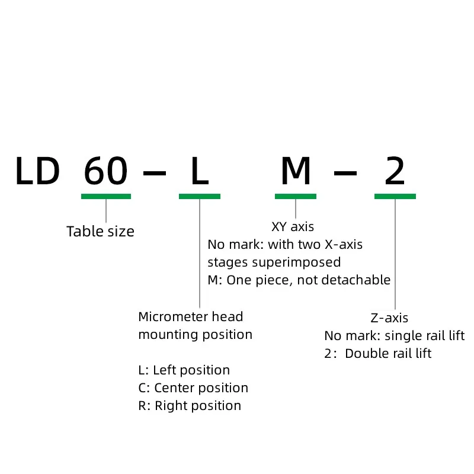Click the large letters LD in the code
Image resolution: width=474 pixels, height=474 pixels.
tap(37, 172)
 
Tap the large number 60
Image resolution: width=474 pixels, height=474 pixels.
tap(105, 172)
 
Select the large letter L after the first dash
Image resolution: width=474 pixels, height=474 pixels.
tap(200, 172)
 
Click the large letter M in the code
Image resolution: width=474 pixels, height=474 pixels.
tap(296, 172)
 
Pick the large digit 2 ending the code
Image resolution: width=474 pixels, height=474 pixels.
tap(395, 172)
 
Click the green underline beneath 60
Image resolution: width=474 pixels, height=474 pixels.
tap(106, 196)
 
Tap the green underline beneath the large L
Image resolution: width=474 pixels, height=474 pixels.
tap(200, 196)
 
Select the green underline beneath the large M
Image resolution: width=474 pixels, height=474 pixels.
tap(296, 196)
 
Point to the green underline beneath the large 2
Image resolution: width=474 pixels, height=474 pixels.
tap(395, 196)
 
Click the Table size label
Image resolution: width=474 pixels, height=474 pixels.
tap(100, 232)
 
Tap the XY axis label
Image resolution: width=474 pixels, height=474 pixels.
tap(293, 226)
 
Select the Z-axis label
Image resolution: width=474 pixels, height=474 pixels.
tap(389, 318)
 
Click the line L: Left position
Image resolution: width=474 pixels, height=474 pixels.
tap(184, 370)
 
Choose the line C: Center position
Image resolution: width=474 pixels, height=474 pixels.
tap(193, 388)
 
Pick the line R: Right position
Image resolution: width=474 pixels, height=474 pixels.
tap(190, 406)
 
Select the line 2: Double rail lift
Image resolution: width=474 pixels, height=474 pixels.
tap(377, 354)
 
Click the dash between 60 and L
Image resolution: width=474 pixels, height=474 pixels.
tap(155, 172)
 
